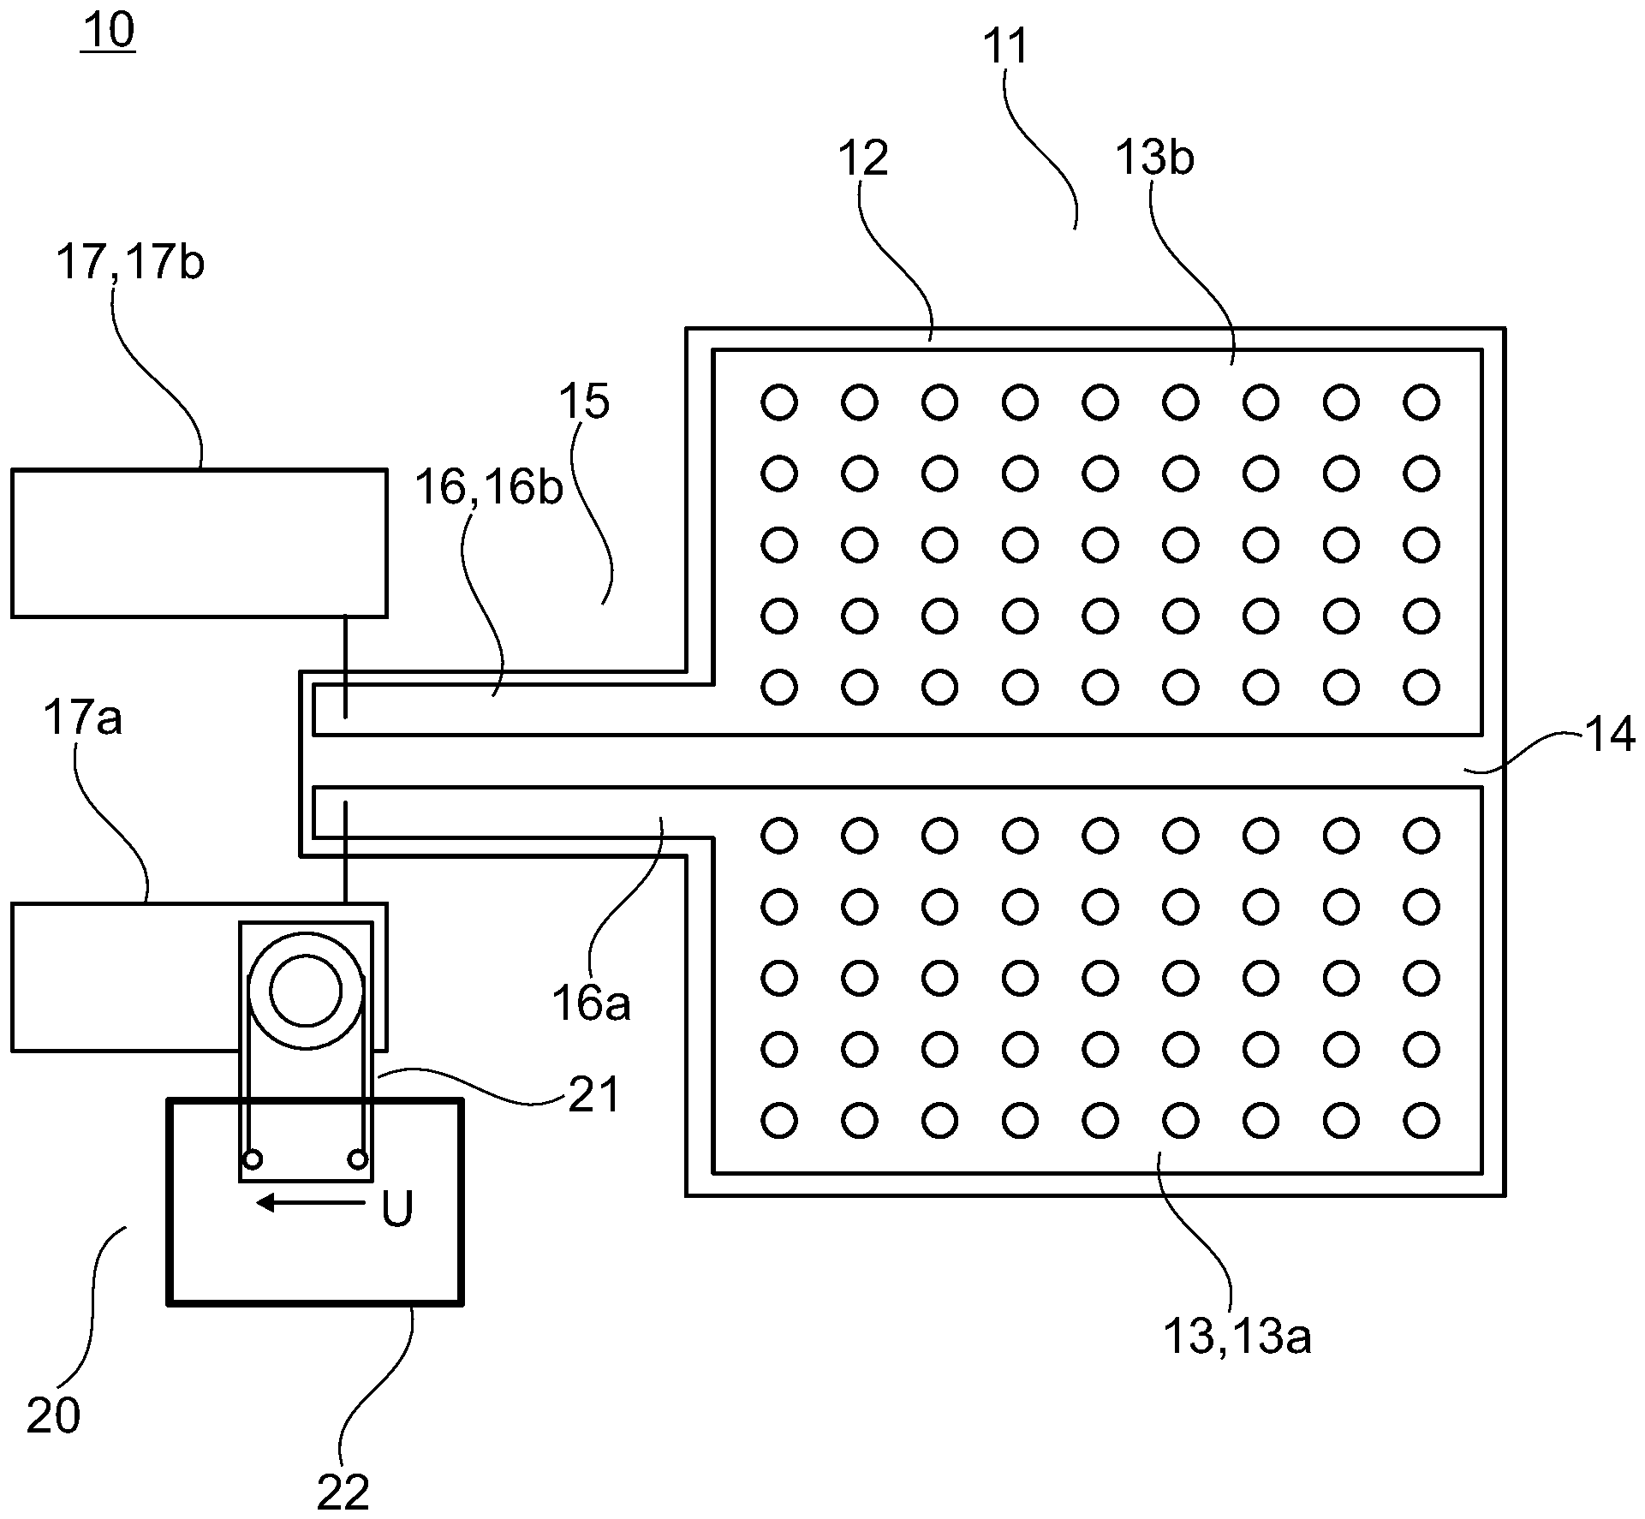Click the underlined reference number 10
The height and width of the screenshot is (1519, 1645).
click(108, 32)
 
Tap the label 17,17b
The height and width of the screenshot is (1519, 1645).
click(130, 263)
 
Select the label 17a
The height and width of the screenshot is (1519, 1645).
click(82, 718)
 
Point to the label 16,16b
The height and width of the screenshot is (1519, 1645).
click(489, 488)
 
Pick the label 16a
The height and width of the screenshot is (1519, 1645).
click(590, 1003)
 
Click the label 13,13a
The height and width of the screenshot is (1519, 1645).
click(1237, 1336)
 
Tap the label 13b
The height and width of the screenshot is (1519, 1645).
click(1154, 158)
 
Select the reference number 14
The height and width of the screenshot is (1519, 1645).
click(1610, 735)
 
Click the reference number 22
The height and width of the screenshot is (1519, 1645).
click(343, 1493)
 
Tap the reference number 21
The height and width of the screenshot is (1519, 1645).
click(593, 1094)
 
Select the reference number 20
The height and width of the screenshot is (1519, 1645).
click(53, 1415)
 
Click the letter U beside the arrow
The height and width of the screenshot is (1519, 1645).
click(396, 1209)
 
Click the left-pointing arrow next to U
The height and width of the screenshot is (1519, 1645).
click(310, 1203)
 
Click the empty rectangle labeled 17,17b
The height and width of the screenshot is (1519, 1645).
click(199, 543)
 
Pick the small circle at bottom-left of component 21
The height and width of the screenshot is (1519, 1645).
click(253, 1159)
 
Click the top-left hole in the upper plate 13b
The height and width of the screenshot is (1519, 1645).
click(778, 402)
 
